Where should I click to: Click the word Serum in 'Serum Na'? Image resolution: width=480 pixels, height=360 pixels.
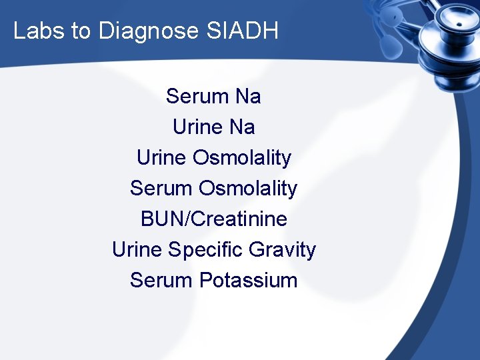tap(197, 97)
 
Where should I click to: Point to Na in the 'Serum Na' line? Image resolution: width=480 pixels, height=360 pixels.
tap(248, 97)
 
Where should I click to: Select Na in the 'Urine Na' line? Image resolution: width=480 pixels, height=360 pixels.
tap(242, 127)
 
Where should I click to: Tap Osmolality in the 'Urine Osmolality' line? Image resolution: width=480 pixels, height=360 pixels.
tap(242, 158)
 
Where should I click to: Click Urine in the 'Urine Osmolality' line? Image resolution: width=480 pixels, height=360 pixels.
tap(161, 158)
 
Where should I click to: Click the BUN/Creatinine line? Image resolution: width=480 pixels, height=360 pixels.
tap(213, 219)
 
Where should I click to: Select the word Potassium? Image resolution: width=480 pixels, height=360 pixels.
tap(248, 280)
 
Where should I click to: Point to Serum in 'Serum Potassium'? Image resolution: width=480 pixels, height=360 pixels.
tap(161, 280)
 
